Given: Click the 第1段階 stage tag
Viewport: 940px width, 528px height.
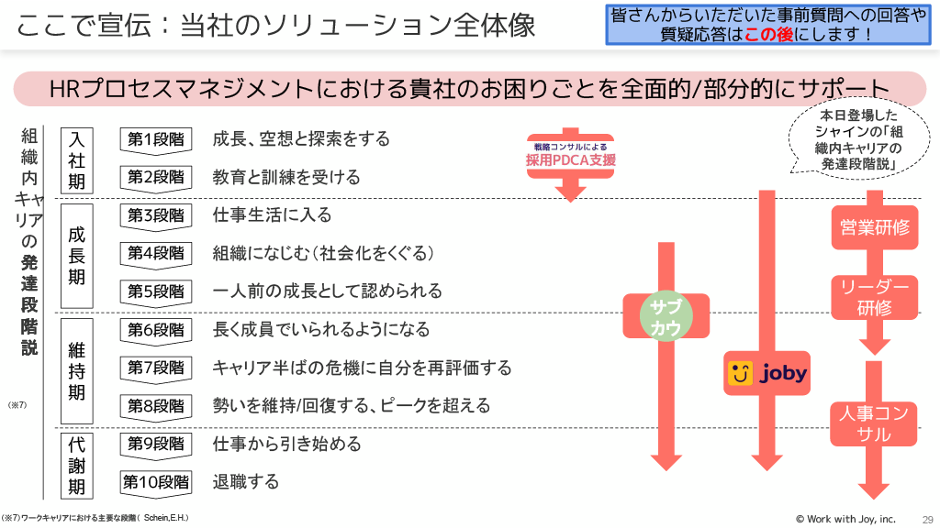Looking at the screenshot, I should coord(155,139).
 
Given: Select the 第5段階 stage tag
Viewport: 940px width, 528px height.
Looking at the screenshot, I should coord(155,291).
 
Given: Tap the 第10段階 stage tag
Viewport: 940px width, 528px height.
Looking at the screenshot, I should coord(155,482).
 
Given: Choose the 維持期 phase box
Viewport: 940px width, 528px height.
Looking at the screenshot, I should coord(77,370).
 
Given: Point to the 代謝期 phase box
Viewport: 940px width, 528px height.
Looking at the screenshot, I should coord(77,464).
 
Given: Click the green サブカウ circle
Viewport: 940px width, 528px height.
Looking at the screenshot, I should coord(665,317).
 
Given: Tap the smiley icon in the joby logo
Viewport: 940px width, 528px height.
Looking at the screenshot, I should coord(741,373).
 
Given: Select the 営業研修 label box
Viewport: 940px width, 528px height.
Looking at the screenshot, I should coord(875,227).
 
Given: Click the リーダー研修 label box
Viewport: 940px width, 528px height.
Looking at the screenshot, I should coord(875,298).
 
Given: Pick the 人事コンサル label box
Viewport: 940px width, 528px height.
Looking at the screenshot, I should coord(875,423).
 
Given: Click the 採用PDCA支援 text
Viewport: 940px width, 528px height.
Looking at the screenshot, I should coord(570,159).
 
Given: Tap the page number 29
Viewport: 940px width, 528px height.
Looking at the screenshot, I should coord(926,519).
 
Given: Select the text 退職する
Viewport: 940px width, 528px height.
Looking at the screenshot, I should coord(245,482).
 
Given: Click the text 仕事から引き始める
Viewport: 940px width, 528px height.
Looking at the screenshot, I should coord(286,445).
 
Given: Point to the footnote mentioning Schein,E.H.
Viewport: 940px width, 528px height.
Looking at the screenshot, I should coord(95,519).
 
